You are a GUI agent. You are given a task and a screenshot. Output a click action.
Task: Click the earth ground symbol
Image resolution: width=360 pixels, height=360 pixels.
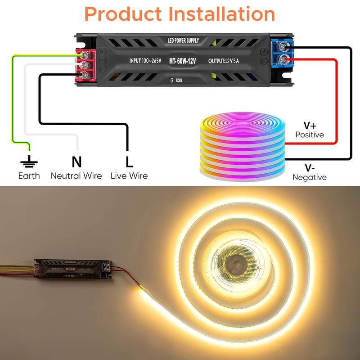(29, 161)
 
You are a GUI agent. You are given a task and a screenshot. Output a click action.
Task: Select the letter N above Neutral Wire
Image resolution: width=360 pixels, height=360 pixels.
(76, 162)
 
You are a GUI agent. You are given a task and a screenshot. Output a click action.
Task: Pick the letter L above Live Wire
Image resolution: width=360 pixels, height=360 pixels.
(129, 162)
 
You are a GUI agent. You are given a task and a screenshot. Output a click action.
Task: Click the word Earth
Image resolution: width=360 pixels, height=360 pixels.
(29, 175)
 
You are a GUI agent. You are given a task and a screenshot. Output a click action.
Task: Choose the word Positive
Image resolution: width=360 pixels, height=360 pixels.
(310, 135)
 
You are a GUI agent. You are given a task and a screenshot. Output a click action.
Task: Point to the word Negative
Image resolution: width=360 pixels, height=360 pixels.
(310, 177)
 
